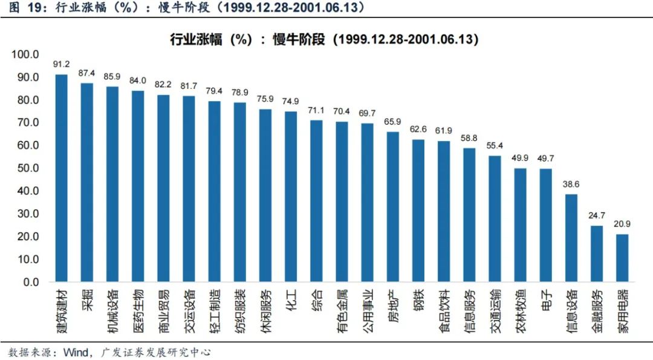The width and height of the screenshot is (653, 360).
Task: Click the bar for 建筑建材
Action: tap(62, 178)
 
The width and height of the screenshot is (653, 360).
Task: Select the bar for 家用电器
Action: tap(622, 258)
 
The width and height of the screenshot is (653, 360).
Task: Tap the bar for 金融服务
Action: tap(597, 254)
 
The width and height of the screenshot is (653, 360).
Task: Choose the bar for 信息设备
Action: tap(571, 238)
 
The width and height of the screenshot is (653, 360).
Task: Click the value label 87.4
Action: tap(87, 73)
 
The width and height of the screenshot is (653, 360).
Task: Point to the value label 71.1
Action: tap(316, 110)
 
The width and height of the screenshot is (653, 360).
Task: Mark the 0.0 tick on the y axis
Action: tap(29, 282)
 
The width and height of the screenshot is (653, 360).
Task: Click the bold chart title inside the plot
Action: tap(325, 39)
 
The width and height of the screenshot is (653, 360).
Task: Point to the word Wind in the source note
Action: tap(75, 352)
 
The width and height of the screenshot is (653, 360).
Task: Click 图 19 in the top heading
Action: tap(27, 8)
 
